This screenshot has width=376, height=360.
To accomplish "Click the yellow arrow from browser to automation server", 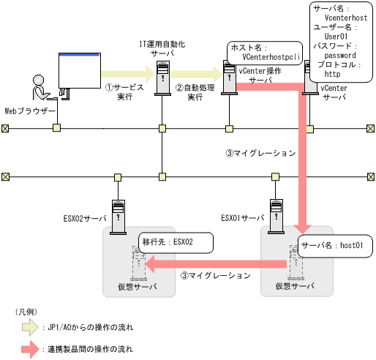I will (x=127, y=73).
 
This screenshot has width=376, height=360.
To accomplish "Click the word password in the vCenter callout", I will (x=339, y=55).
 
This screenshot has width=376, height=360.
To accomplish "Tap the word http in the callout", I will (x=332, y=74).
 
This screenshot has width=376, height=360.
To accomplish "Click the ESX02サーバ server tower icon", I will (x=116, y=216).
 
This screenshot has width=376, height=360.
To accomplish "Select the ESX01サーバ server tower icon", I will (x=276, y=216).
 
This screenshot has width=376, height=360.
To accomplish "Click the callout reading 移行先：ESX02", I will (x=176, y=242).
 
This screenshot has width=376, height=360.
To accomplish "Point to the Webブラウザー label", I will (x=30, y=110).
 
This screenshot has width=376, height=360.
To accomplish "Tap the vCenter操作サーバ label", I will (x=260, y=75).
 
